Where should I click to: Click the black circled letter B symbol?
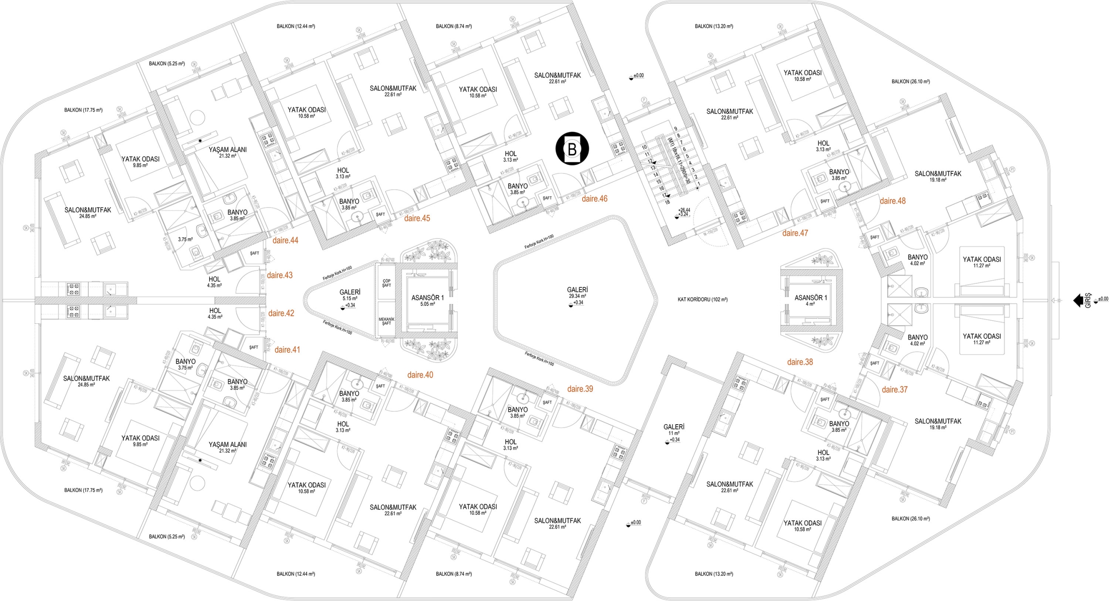[572, 149]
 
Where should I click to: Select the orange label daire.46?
[594, 199]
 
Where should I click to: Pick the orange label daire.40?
[420, 375]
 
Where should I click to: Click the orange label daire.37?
[894, 390]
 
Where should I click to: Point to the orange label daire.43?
[279, 275]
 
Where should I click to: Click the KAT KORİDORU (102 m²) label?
[702, 299]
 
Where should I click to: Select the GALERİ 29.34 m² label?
[577, 292]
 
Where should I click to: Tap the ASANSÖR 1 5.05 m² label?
[427, 301]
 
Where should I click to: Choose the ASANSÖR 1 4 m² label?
[810, 301]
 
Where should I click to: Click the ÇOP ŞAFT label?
[386, 283]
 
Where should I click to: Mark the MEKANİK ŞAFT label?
[386, 321]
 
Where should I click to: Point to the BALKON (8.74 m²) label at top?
[454, 26]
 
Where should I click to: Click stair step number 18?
[667, 202]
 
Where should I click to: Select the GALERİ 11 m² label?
[674, 430]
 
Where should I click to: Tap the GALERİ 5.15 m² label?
[350, 295]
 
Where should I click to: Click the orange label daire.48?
[892, 201]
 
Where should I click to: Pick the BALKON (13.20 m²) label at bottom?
[713, 574]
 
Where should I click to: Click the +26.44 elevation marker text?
[684, 210]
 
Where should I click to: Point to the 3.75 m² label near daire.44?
[185, 239]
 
